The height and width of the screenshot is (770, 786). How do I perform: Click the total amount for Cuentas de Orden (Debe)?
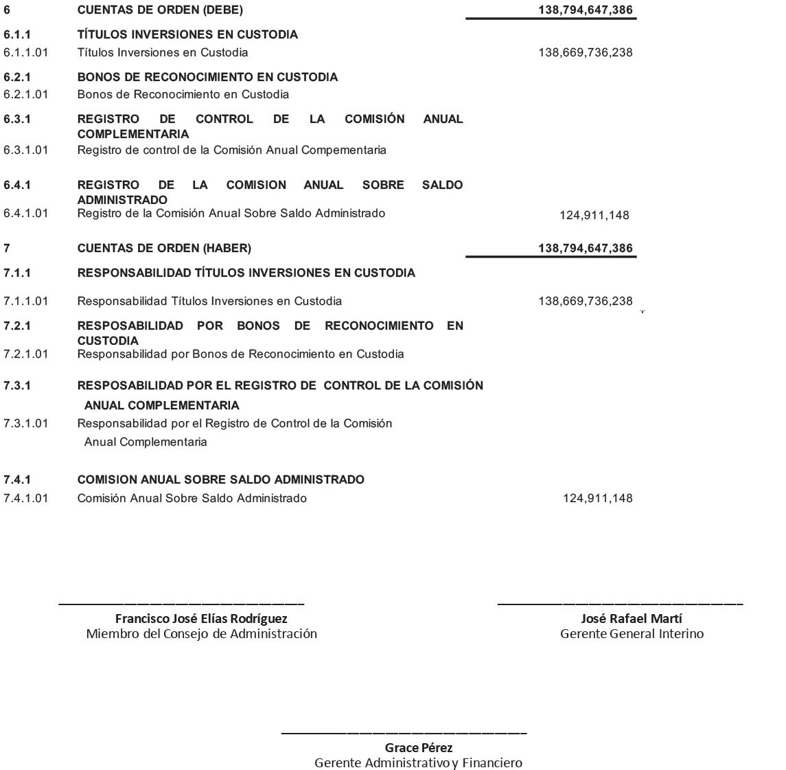click(x=586, y=10)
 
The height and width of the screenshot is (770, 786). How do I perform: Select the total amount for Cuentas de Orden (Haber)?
click(x=586, y=248)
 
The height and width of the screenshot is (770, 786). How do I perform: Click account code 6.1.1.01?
click(x=25, y=52)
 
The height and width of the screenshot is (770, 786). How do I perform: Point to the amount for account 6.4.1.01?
click(x=594, y=216)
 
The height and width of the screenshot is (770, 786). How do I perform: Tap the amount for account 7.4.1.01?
click(x=597, y=498)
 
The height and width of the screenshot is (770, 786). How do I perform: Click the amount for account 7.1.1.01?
click(x=586, y=301)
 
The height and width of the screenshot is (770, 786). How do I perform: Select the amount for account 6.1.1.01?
click(x=586, y=52)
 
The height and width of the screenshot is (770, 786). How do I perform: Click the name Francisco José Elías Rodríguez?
click(x=201, y=619)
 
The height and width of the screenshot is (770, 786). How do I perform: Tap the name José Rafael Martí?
click(x=632, y=619)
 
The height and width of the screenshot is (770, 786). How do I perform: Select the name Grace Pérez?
click(x=419, y=747)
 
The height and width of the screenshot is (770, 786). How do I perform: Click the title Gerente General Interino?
click(x=632, y=634)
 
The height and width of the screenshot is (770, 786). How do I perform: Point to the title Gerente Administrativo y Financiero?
click(x=418, y=762)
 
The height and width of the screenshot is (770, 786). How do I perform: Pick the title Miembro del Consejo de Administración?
click(x=201, y=634)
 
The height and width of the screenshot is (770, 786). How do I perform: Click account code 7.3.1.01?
click(x=25, y=423)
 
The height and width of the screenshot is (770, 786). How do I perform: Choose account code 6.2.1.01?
click(x=25, y=94)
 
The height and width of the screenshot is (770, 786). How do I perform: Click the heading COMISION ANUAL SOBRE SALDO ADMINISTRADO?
click(x=220, y=479)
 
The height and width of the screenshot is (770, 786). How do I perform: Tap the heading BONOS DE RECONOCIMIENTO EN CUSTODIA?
click(x=207, y=77)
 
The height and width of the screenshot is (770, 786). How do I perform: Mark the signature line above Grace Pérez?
click(x=404, y=733)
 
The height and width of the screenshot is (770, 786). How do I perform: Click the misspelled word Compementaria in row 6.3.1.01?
click(x=345, y=150)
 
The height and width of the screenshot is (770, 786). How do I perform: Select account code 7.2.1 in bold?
click(x=17, y=326)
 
